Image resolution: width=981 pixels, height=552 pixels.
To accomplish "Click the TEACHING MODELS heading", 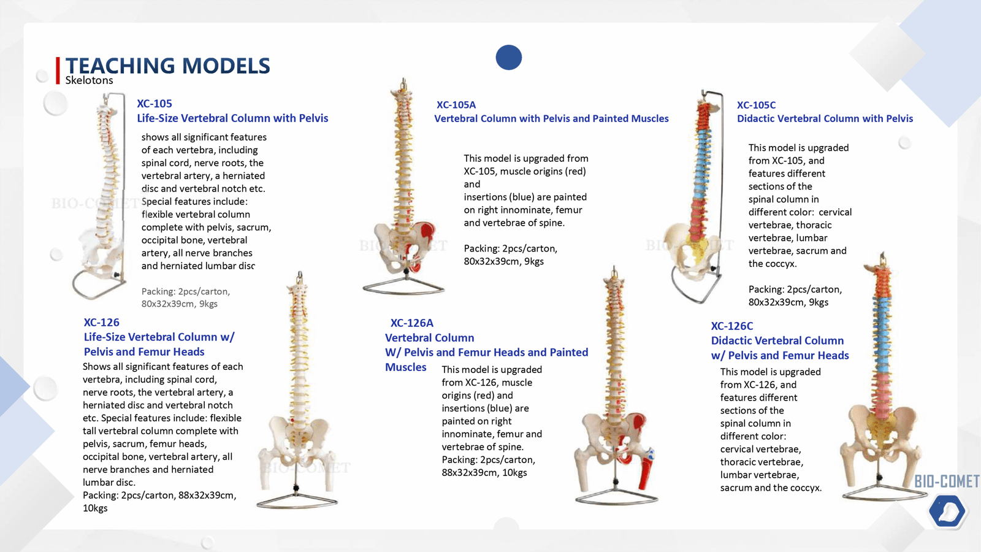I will click(167, 66).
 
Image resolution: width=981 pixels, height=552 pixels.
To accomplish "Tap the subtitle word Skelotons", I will click(90, 80).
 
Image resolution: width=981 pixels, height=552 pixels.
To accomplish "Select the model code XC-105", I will click(155, 104).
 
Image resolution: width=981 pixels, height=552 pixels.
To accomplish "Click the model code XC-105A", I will click(456, 105).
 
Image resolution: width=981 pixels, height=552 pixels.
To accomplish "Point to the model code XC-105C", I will click(756, 105).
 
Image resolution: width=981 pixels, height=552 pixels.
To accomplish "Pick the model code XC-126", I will click(102, 322).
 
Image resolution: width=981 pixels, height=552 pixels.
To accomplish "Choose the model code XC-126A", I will click(412, 323).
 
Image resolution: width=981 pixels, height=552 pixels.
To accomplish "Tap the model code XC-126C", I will click(732, 326).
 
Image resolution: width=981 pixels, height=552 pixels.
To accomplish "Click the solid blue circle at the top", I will click(509, 58).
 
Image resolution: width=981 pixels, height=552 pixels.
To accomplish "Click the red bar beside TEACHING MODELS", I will click(58, 70).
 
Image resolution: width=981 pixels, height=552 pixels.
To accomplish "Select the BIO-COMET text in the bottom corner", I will click(947, 481).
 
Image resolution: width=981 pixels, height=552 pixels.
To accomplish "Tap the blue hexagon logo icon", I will click(947, 511).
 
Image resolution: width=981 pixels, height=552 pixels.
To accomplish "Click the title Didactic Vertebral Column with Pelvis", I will click(825, 118).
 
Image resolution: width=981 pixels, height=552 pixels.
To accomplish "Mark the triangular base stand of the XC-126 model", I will click(297, 500).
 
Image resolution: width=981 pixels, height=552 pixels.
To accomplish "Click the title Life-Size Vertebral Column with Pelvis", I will click(232, 118).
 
